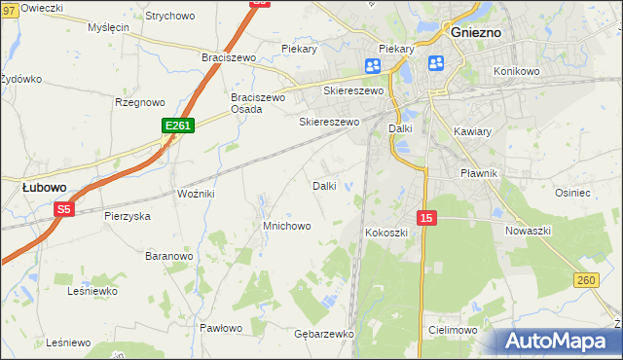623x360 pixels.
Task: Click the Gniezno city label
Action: (476, 31)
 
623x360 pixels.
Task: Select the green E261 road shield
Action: (179, 126)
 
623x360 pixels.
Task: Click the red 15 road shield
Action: (425, 218)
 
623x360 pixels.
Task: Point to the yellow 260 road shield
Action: (585, 280)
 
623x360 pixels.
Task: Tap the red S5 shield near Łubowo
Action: (64, 209)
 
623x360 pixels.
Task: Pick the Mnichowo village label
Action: (286, 226)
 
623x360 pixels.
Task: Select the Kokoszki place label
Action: (387, 233)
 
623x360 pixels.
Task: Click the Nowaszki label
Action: (529, 231)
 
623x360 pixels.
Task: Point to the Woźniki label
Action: (196, 195)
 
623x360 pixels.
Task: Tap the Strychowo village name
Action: (169, 17)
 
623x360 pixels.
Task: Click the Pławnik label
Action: (479, 173)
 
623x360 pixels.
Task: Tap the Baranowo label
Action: (168, 256)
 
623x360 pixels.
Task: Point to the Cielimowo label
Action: (453, 331)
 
